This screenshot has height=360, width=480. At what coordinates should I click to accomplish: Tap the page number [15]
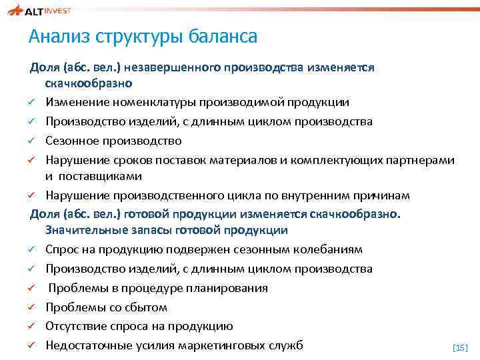click(x=460, y=347)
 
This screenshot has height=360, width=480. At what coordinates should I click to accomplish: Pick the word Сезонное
click(x=73, y=141)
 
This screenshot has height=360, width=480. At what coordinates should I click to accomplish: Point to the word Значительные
click(x=85, y=231)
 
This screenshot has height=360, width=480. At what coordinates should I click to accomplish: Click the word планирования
click(x=229, y=288)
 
